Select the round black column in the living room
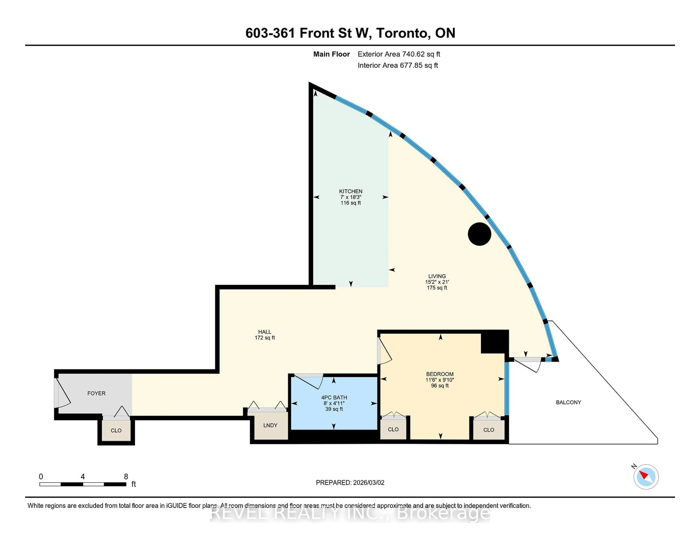pyautogui.click(x=479, y=234)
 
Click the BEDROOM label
pyautogui.click(x=440, y=374)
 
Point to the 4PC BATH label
pyautogui.click(x=334, y=397)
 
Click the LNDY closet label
pyautogui.click(x=270, y=425)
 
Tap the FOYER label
pyautogui.click(x=96, y=393)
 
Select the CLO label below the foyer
pyautogui.click(x=116, y=430)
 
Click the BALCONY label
pyautogui.click(x=568, y=402)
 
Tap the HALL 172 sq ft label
pyautogui.click(x=265, y=335)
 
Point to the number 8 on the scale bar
pyautogui.click(x=126, y=477)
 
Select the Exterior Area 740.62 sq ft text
pyautogui.click(x=399, y=54)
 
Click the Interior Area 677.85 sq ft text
pyautogui.click(x=397, y=65)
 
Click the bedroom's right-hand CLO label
pyautogui.click(x=489, y=430)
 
